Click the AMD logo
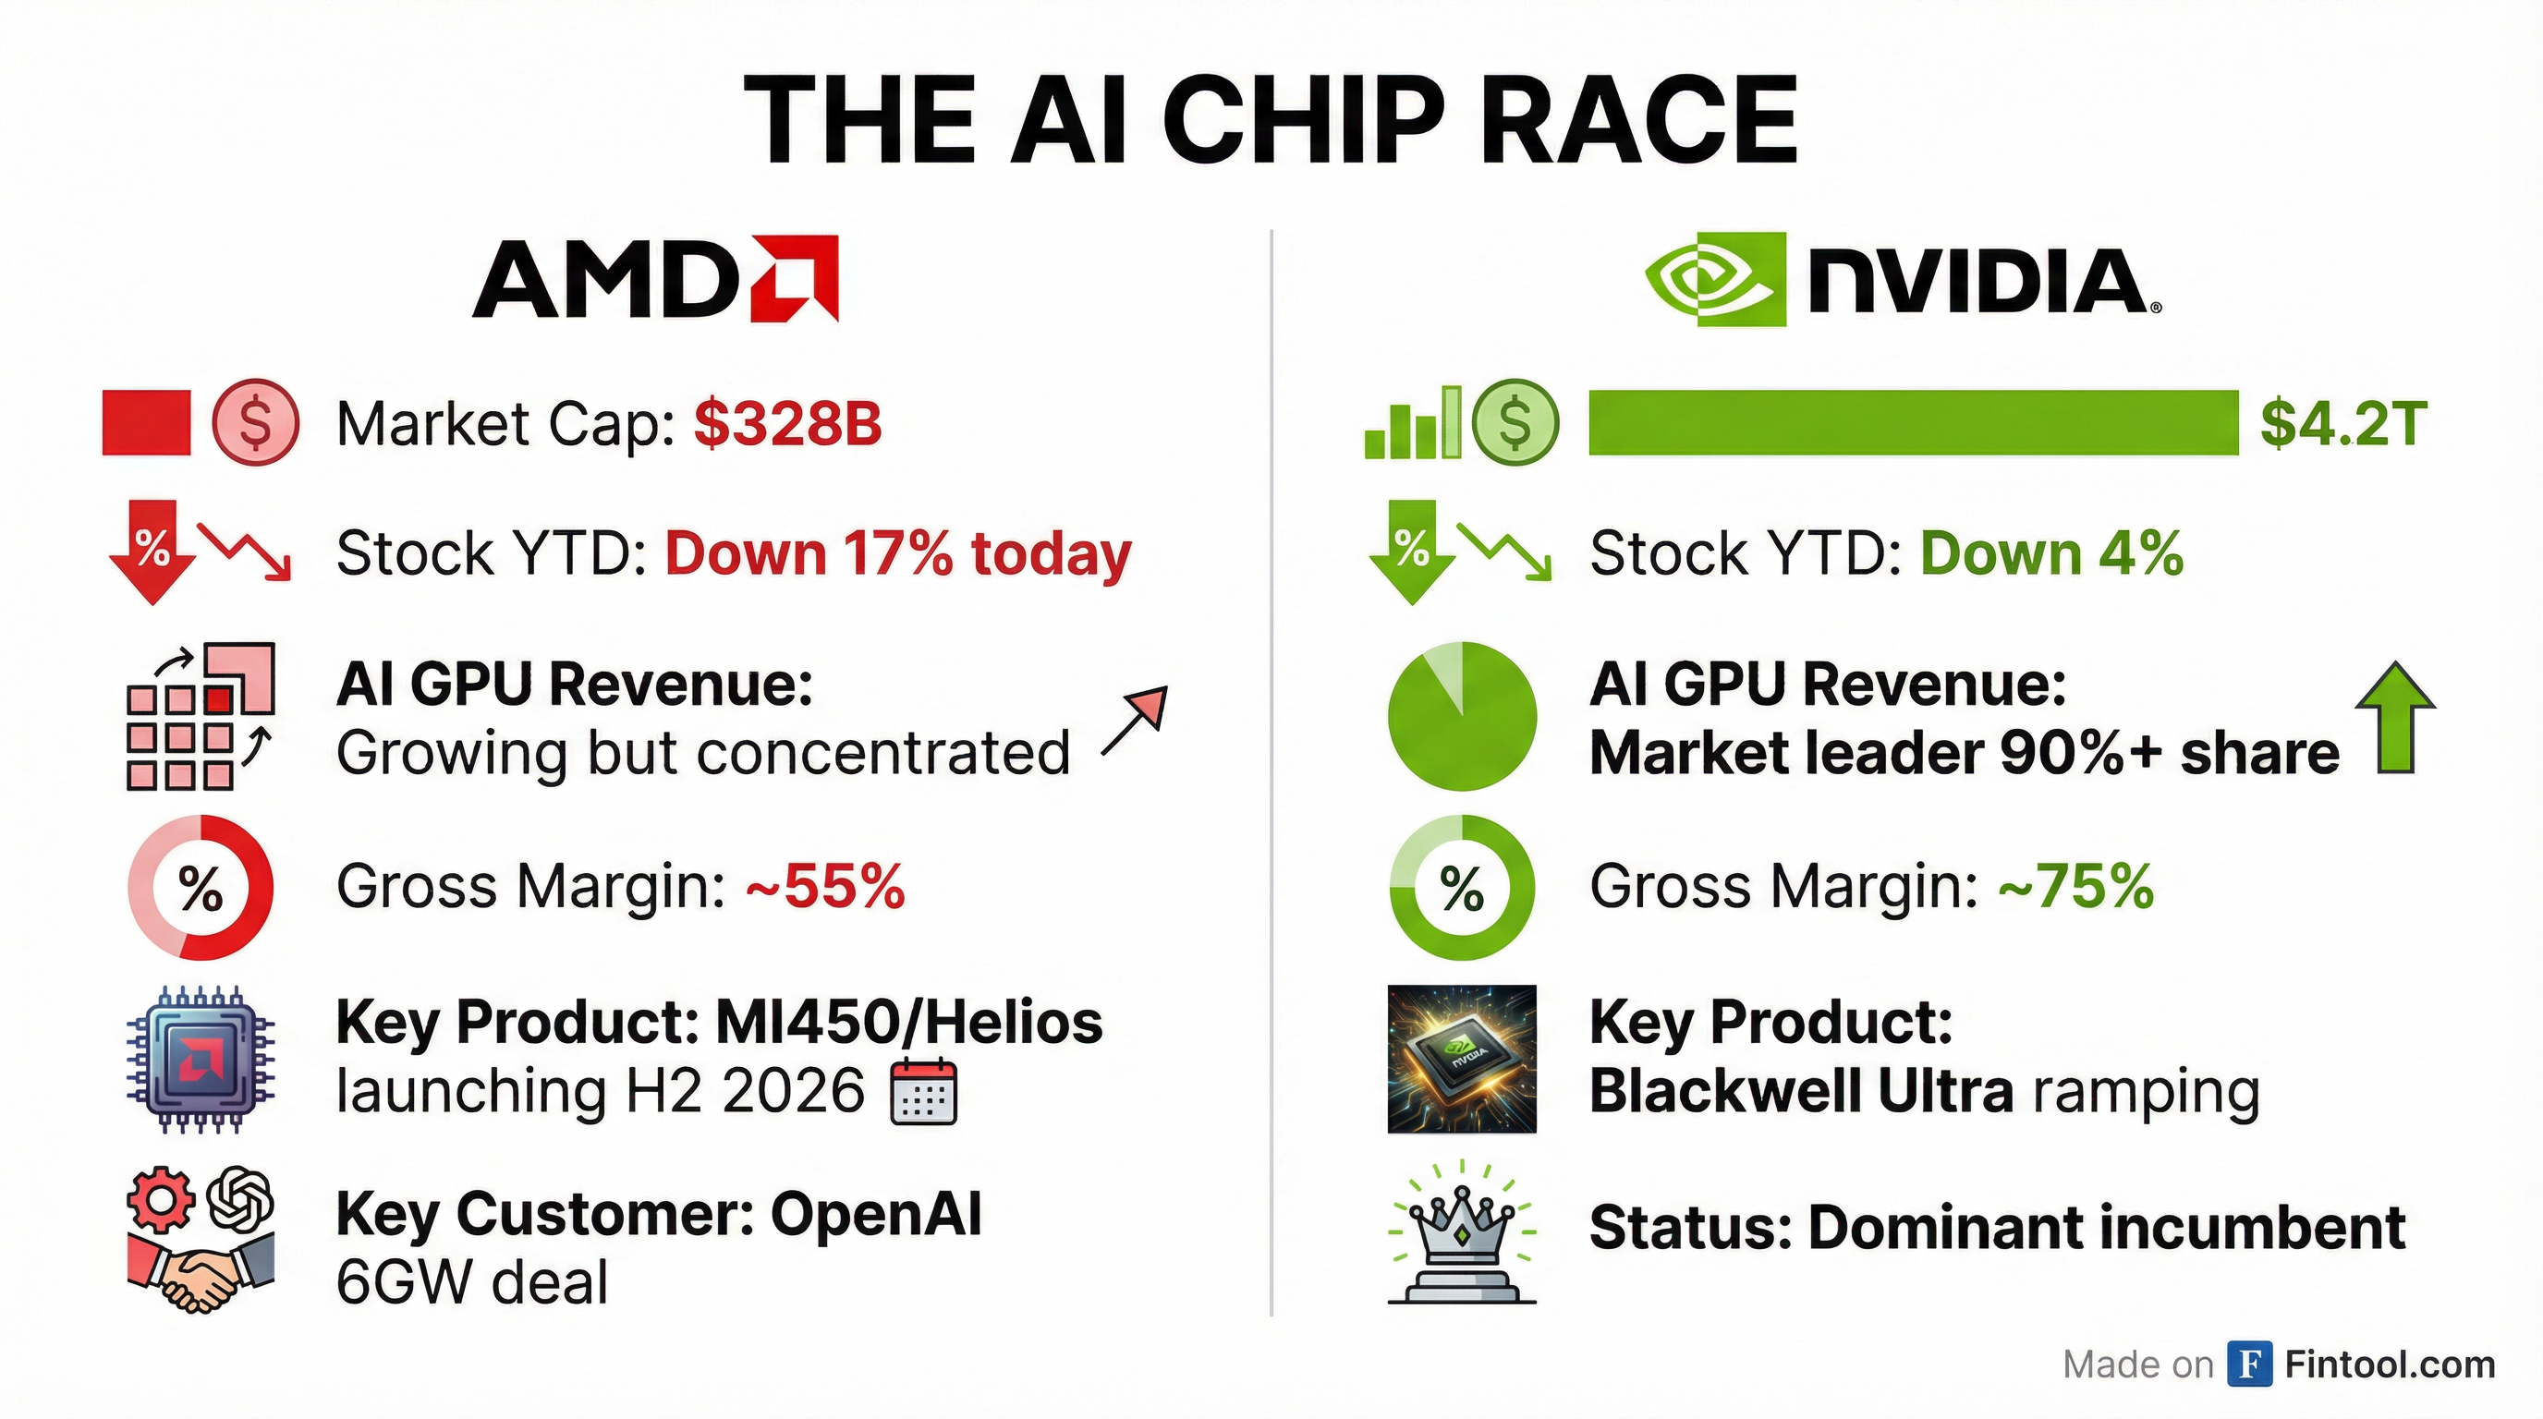(655, 279)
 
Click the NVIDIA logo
(1903, 279)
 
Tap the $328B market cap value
(786, 423)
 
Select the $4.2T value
(2342, 423)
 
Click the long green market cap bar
(1913, 423)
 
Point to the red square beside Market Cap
(146, 423)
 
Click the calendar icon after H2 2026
(923, 1092)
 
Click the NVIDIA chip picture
(1462, 1059)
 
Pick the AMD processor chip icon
(201, 1059)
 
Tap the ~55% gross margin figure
(825, 885)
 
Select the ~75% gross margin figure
(2076, 885)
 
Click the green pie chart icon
(1462, 716)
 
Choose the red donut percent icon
(201, 887)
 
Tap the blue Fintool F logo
(2250, 1364)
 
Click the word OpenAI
(876, 1214)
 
